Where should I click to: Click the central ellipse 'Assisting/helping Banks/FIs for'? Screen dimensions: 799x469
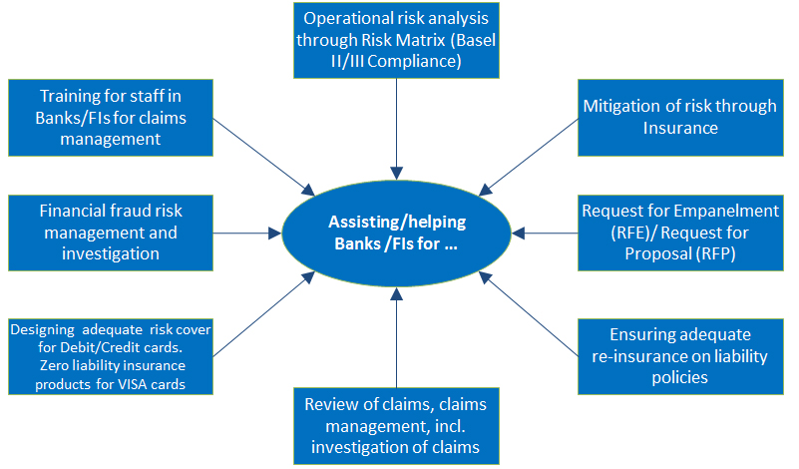point(396,233)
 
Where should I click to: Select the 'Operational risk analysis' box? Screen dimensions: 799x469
point(396,40)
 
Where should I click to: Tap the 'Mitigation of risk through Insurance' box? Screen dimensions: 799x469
point(680,118)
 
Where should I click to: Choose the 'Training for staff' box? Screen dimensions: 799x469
point(111,118)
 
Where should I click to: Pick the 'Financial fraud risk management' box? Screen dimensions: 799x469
point(111,233)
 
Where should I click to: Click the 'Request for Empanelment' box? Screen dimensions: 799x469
point(680,233)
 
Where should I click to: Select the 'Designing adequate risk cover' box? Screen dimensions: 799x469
point(111,356)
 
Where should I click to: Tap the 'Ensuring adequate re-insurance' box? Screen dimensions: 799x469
point(680,356)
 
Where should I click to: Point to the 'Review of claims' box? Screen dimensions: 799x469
point(396,426)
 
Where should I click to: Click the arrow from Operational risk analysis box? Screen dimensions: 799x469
point(396,129)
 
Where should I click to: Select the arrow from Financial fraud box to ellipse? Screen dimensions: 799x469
point(247,233)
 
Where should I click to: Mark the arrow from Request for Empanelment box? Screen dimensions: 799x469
point(545,233)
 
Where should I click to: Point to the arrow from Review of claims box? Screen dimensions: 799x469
point(396,337)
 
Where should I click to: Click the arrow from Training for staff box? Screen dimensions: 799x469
point(264,157)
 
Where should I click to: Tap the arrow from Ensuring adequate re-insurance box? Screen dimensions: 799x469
point(529,313)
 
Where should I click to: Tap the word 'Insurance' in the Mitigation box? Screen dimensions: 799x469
point(680,128)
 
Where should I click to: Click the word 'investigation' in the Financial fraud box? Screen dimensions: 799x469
point(111,253)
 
